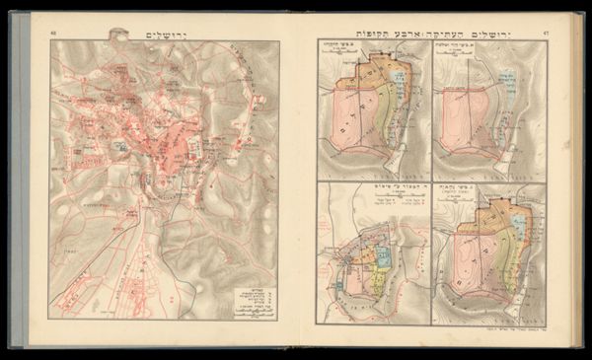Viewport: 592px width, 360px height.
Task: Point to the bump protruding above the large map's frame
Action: (121, 36)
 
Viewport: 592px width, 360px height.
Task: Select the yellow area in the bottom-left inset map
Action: (377, 280)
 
